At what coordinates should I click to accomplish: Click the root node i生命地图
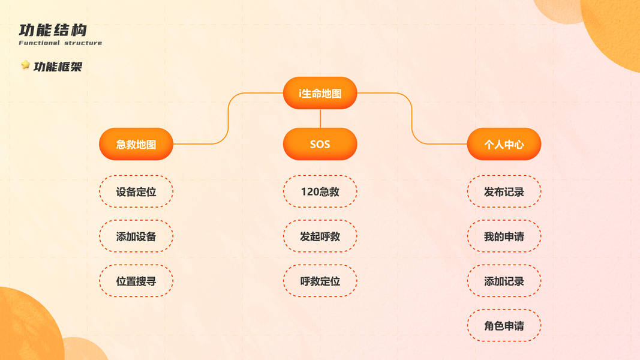(x=320, y=94)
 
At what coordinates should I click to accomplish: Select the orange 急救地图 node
(x=136, y=145)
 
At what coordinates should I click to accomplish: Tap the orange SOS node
(x=320, y=145)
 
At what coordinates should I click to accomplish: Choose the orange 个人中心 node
(x=504, y=145)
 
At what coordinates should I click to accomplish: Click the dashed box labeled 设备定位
(x=136, y=192)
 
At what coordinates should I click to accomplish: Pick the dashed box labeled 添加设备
(x=136, y=236)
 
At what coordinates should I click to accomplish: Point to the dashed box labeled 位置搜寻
(x=136, y=281)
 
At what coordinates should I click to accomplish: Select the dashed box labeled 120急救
(x=320, y=192)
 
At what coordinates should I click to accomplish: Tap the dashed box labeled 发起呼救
(x=320, y=236)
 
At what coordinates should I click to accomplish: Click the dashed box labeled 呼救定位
(x=320, y=281)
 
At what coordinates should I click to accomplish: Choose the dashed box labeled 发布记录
(x=504, y=192)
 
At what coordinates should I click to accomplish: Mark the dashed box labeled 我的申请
(x=504, y=236)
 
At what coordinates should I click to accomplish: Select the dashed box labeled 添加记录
(x=504, y=281)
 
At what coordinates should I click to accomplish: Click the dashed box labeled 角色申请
(x=504, y=326)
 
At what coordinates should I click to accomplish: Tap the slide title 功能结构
(x=53, y=30)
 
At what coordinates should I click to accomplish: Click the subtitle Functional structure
(x=60, y=43)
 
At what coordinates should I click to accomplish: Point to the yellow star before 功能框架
(x=25, y=65)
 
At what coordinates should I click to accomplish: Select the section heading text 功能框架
(x=58, y=67)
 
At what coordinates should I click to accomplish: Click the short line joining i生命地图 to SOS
(x=320, y=118)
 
